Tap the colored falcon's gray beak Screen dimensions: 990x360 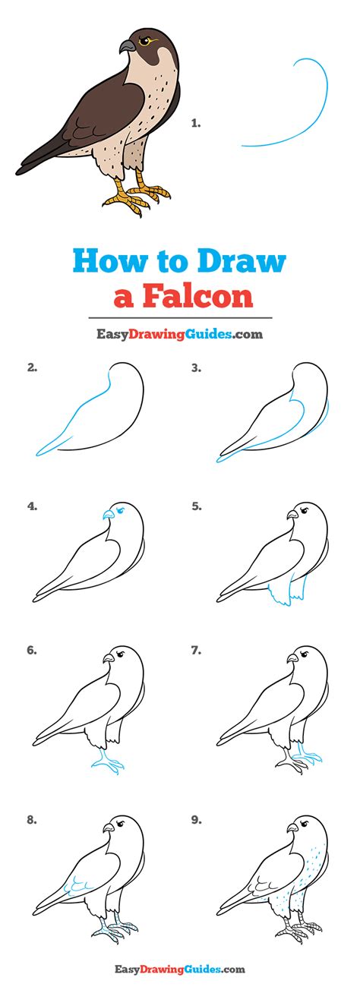pyautogui.click(x=127, y=47)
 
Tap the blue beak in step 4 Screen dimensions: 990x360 pyautogui.click(x=107, y=515)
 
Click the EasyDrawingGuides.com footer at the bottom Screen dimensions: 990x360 pyautogui.click(x=179, y=970)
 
